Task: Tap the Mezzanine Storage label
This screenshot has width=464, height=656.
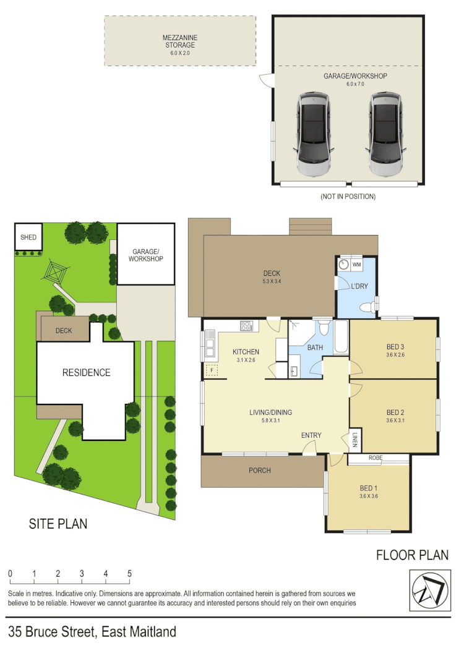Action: (179, 41)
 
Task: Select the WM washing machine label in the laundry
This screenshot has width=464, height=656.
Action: (357, 264)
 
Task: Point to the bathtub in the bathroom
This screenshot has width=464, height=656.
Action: (341, 337)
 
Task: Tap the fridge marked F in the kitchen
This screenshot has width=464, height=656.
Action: (212, 370)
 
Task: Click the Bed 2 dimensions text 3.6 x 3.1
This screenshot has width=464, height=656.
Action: (395, 422)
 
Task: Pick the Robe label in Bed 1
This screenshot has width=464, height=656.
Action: (375, 458)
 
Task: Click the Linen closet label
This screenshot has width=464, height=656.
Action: (356, 438)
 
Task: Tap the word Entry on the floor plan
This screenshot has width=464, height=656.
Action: (311, 435)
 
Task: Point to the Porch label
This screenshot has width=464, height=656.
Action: (259, 471)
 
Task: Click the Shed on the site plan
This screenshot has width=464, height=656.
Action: (28, 237)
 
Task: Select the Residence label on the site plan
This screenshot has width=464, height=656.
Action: (86, 372)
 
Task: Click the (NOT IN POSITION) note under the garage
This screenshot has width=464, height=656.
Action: (348, 197)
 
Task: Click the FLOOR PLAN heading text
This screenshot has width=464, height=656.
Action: (412, 555)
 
